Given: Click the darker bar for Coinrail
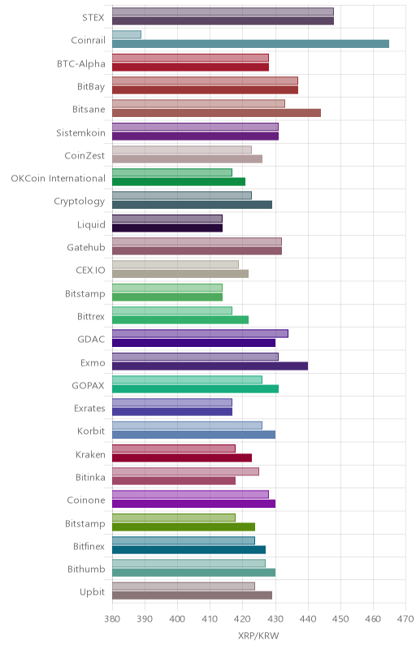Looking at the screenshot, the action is point(251,44).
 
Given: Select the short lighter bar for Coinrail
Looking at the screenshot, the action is point(127,34).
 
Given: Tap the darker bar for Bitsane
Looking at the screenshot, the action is point(216,113).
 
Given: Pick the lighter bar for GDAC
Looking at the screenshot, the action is point(200,334).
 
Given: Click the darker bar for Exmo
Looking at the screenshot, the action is point(210,366).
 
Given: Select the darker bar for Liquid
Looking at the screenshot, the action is point(167,228).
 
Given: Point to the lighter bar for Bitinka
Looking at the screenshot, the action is point(185,472).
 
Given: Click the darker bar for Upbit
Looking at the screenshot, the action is point(193,596).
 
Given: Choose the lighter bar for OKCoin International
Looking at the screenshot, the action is point(172,172).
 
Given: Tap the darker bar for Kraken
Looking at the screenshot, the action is point(182,457).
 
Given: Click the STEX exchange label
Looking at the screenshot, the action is point(93,17).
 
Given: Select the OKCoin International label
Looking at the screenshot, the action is point(58,179).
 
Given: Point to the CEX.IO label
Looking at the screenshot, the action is point(90,271).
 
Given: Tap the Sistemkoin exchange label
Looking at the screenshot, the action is point(80,132).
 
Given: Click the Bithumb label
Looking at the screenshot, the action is point(86,570).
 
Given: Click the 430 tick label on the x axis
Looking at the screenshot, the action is point(275,619).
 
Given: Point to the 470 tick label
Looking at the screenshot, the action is point(405,619).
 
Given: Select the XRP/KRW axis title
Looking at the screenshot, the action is point(258,635).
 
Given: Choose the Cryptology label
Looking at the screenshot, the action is point(80,201).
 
